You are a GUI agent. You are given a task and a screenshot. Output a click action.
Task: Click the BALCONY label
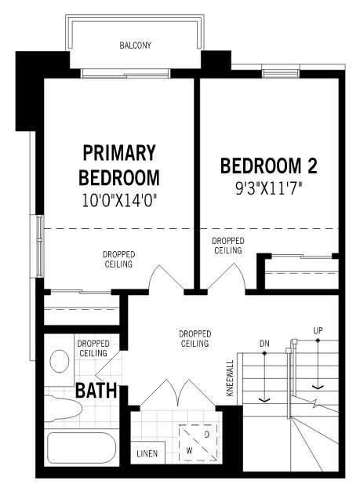click(136, 45)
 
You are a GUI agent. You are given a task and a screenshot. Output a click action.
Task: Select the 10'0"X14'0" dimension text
click(120, 200)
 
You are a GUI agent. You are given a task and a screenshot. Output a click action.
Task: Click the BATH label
click(96, 390)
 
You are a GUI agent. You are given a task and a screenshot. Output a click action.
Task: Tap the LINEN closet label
click(147, 454)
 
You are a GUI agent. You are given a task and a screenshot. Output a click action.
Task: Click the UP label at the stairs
click(318, 330)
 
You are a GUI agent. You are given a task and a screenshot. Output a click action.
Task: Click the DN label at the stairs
click(264, 344)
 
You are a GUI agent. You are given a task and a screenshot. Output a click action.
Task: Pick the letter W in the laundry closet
click(189, 451)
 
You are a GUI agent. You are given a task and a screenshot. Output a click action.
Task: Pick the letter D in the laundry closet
click(206, 434)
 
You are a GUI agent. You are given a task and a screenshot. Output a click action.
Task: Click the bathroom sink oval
click(60, 362)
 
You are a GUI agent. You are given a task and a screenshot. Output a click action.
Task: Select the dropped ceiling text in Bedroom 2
click(227, 246)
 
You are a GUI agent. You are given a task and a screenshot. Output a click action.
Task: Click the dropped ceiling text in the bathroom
click(93, 348)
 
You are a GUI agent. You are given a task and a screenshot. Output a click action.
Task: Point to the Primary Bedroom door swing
click(162, 278)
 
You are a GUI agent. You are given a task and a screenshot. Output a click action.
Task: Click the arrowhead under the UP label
click(318, 386)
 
